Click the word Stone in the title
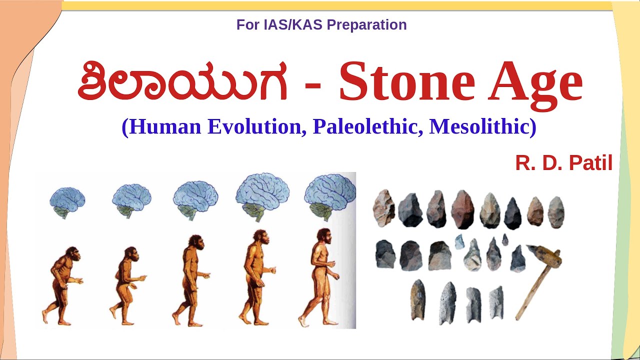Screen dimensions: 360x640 (x=405, y=81)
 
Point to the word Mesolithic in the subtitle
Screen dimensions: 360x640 (x=482, y=126)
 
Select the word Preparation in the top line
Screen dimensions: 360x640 (x=367, y=25)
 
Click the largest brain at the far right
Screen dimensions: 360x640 (x=329, y=195)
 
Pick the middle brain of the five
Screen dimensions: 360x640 (x=195, y=199)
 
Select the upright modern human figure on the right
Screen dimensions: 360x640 (x=320, y=277)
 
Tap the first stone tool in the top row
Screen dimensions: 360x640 (x=384, y=208)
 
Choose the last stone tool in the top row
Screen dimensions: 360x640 (x=555, y=212)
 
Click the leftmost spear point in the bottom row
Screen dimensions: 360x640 (x=417, y=299)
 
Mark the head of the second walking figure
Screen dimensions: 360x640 (x=131, y=253)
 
